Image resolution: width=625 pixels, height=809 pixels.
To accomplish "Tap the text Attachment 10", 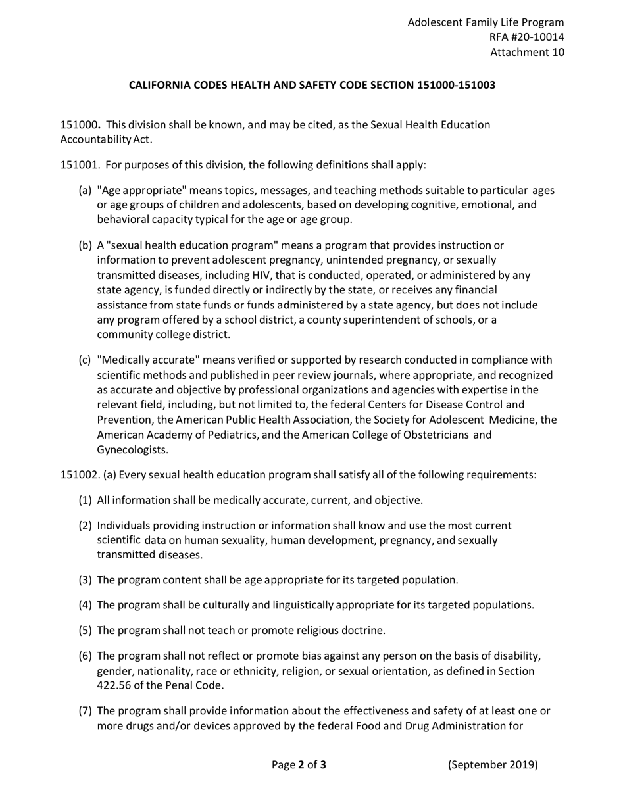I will point(527,53).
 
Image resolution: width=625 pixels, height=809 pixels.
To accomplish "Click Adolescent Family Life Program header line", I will point(486,22).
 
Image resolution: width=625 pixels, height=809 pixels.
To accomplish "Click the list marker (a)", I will point(85,191).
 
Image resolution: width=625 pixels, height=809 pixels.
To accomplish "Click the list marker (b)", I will point(85,246).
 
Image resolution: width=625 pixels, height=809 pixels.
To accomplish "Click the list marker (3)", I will point(86,580).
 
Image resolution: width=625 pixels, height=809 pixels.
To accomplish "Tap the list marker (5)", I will point(86,631).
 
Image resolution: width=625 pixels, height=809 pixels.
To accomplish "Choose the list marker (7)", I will point(86,712).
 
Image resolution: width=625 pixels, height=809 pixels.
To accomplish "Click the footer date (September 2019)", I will point(493,764).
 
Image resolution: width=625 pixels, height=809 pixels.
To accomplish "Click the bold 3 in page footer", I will point(323,765).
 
